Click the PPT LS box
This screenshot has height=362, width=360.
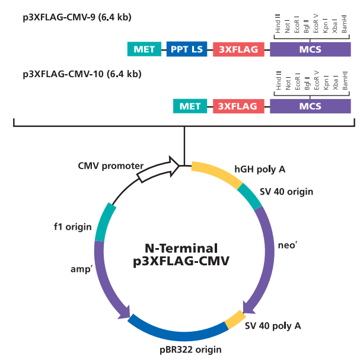(186, 49)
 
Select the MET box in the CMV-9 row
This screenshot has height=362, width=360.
(144, 49)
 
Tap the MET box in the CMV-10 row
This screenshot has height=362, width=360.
(190, 106)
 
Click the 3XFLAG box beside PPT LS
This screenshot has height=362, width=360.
(238, 49)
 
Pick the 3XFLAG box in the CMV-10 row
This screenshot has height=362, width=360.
(238, 106)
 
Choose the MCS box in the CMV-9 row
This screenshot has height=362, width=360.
(310, 49)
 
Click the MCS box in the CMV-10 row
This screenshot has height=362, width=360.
(310, 106)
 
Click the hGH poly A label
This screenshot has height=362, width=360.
(260, 169)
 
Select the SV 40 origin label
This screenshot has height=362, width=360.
(286, 192)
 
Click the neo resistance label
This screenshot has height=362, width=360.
(286, 244)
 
